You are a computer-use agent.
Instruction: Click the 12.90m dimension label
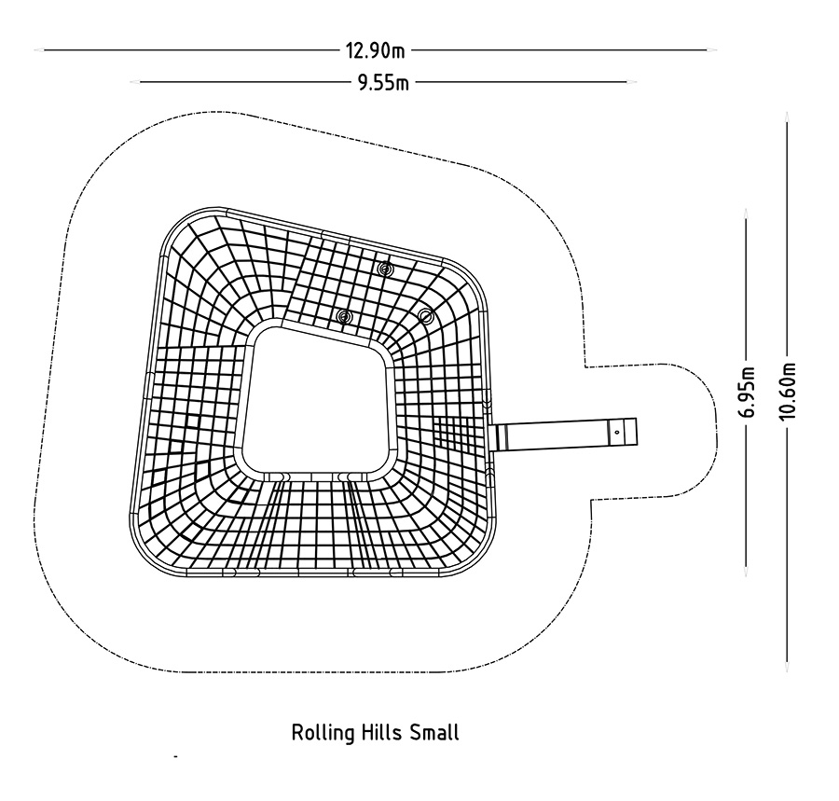(375, 51)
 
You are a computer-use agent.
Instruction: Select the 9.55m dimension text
(383, 83)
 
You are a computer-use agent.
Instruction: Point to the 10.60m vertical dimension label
(789, 391)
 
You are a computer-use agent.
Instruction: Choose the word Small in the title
(434, 732)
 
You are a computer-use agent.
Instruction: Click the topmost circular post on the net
(384, 269)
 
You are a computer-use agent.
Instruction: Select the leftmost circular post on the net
(345, 317)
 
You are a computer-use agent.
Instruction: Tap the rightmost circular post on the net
(425, 316)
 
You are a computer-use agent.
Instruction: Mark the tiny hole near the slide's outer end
(617, 432)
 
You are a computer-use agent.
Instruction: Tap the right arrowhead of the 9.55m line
(631, 82)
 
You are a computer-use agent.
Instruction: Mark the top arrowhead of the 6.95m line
(746, 214)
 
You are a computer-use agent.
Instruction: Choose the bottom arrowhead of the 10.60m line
(787, 666)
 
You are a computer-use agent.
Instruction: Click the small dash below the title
(175, 756)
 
